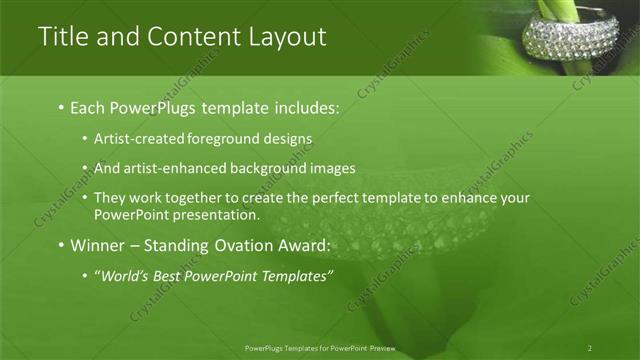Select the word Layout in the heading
[x=285, y=37]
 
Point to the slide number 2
[x=590, y=348]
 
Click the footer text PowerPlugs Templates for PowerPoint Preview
[x=320, y=348]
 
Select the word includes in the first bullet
[x=301, y=107]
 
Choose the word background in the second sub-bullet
[x=266, y=168]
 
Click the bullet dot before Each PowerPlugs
[x=61, y=107]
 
